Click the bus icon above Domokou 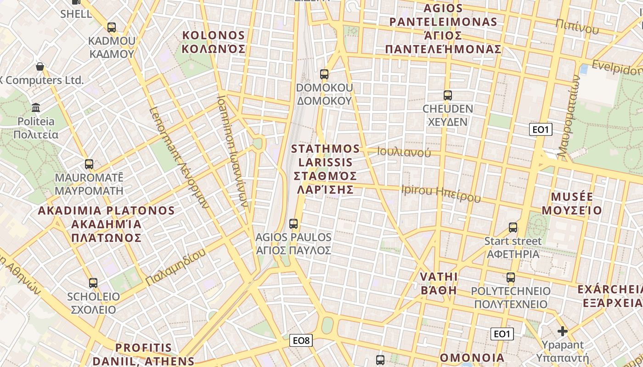324,74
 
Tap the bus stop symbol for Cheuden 448,95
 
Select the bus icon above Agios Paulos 293,224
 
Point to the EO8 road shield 302,340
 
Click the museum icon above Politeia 36,108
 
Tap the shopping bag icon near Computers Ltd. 40,67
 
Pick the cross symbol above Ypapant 563,331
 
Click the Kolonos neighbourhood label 214,42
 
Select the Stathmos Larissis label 326,169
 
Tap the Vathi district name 439,283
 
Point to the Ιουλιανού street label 404,152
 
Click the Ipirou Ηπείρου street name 441,193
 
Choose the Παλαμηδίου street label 175,268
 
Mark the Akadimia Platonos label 106,224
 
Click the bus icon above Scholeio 93,283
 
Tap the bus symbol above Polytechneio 511,278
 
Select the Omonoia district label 472,358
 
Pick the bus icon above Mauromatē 89,164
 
